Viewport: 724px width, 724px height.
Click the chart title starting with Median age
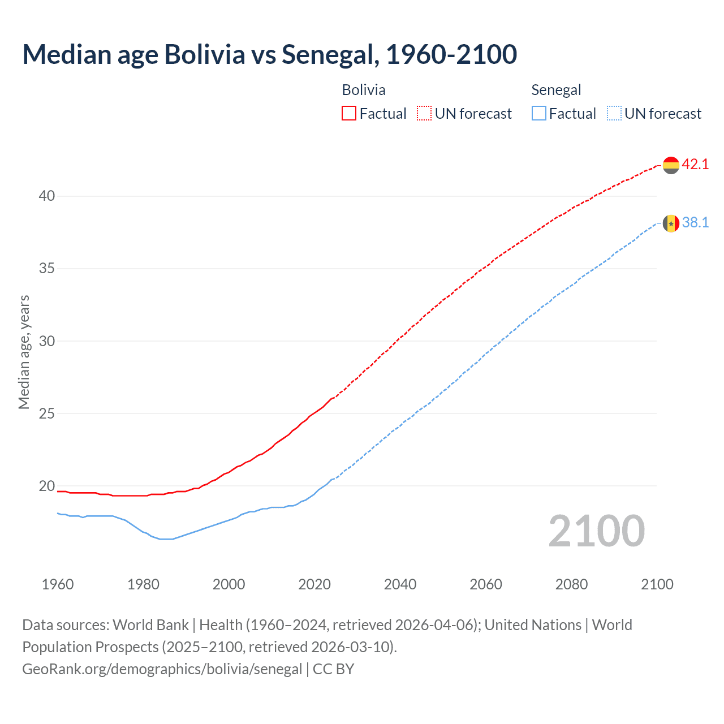pyautogui.click(x=269, y=54)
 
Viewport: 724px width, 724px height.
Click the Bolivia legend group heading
pyautogui.click(x=364, y=90)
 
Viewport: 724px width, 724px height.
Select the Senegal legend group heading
pyautogui.click(x=556, y=90)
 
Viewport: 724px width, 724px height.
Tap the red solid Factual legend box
pyautogui.click(x=349, y=113)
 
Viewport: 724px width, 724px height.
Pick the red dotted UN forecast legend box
pyautogui.click(x=424, y=113)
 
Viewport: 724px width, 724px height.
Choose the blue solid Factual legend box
pyautogui.click(x=539, y=113)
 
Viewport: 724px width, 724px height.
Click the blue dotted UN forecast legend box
pyautogui.click(x=614, y=113)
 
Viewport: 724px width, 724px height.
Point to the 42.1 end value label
pyautogui.click(x=695, y=165)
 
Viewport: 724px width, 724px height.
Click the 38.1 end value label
pyautogui.click(x=695, y=223)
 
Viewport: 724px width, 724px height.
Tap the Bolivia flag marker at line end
pyautogui.click(x=671, y=165)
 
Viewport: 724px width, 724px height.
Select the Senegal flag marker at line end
pyautogui.click(x=671, y=223)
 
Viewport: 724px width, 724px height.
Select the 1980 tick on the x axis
pyautogui.click(x=143, y=584)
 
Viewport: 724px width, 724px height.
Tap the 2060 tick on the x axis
pyautogui.click(x=486, y=584)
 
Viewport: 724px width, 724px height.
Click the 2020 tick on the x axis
pyautogui.click(x=314, y=584)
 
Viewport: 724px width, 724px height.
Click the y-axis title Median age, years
pyautogui.click(x=24, y=352)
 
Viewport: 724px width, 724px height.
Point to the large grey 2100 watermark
pyautogui.click(x=596, y=531)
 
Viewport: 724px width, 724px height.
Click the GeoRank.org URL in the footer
pyautogui.click(x=162, y=669)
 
